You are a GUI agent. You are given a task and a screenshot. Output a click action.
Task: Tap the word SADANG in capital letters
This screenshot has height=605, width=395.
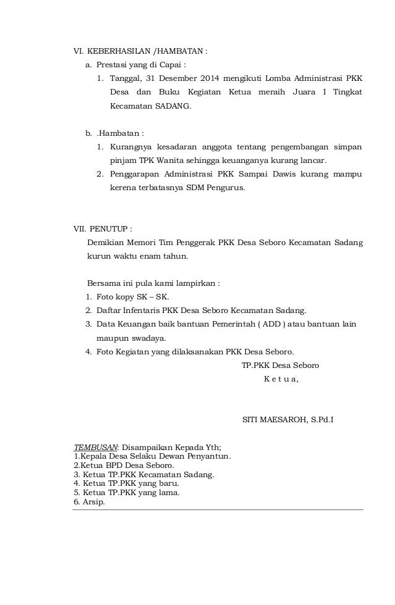coord(173,106)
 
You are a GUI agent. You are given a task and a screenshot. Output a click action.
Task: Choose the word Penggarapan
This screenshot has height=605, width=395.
coord(135,174)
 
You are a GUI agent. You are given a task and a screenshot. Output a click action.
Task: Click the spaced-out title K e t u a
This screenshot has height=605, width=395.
coord(281,378)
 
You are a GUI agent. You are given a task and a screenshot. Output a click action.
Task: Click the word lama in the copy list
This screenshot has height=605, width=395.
coord(168,493)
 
